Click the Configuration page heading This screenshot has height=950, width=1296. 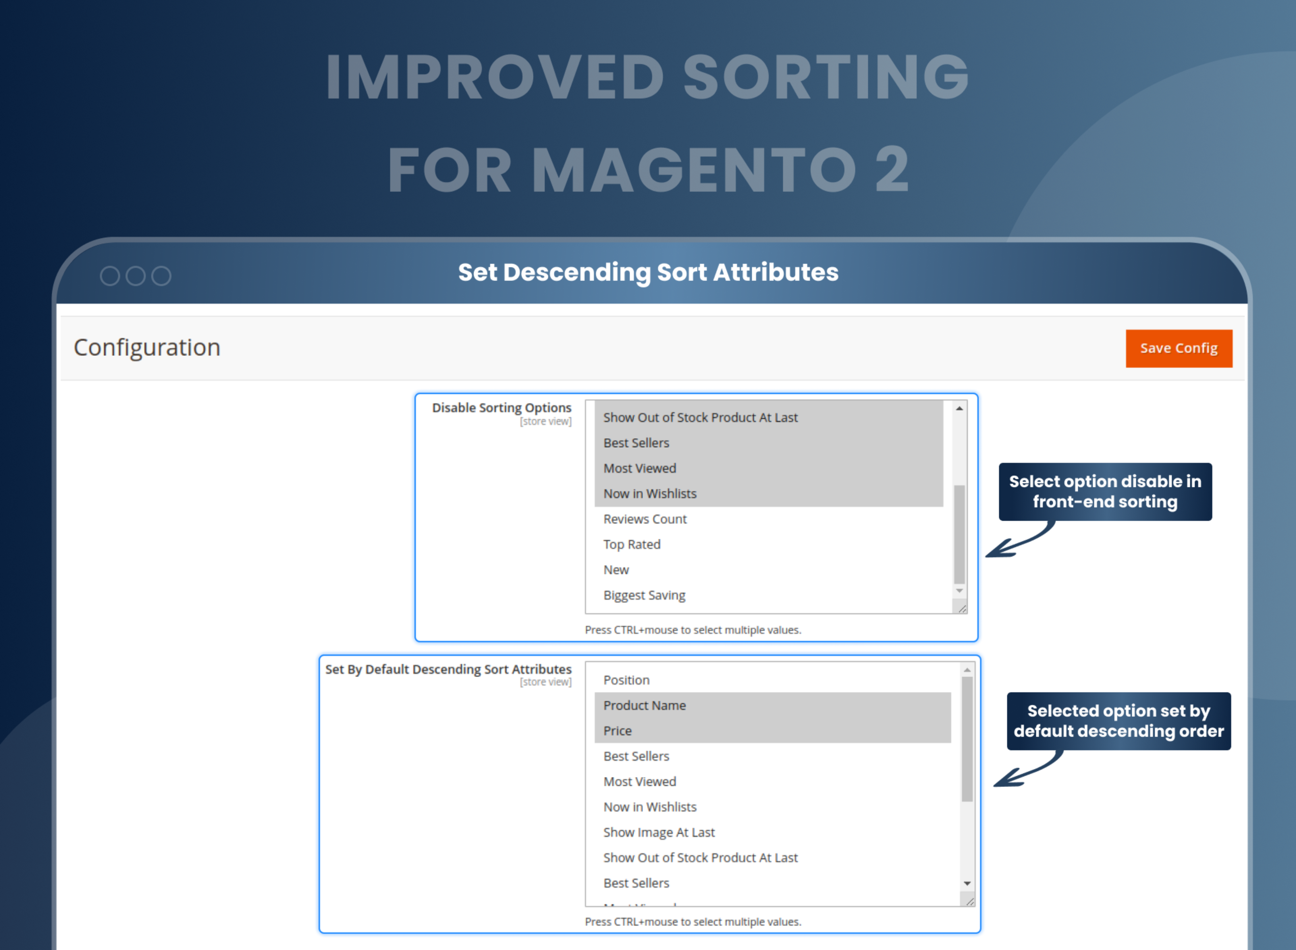click(147, 347)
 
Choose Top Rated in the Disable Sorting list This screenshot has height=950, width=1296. click(631, 544)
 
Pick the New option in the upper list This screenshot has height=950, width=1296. click(616, 569)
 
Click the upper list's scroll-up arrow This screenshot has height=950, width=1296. click(959, 408)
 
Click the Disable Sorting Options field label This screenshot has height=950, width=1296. click(501, 408)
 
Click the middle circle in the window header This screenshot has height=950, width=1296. click(135, 276)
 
